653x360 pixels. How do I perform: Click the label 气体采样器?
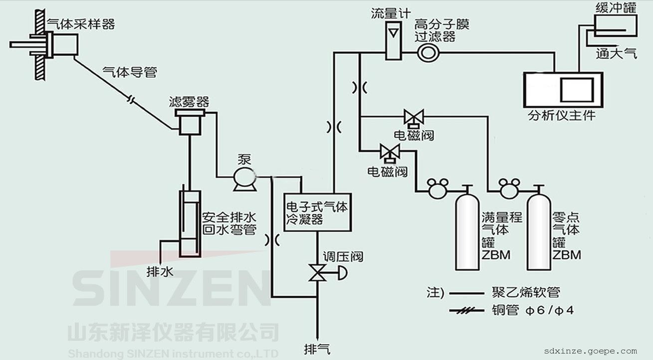click(80, 23)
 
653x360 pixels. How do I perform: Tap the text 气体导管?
click(129, 72)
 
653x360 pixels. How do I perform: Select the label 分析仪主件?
click(562, 116)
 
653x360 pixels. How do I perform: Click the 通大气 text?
click(616, 54)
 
